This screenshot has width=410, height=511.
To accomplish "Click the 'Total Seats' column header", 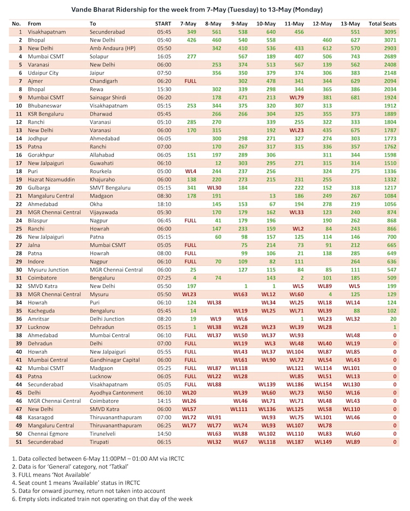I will coord(383,24).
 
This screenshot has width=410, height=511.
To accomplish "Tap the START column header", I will coord(163,24).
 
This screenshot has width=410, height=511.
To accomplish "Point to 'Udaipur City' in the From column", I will coord(43,73).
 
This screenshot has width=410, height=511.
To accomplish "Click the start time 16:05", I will coord(163,56).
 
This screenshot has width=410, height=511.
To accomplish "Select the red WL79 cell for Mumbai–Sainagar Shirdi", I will coord(297,97).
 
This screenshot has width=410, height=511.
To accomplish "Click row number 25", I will coord(17,228).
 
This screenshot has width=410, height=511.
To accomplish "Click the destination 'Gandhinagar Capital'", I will coord(117,360).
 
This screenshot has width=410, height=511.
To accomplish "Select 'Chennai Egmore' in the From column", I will coord(49,433).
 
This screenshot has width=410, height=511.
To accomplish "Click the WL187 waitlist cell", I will coord(295,442).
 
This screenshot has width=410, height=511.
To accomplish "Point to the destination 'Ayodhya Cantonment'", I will coord(118,392).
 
